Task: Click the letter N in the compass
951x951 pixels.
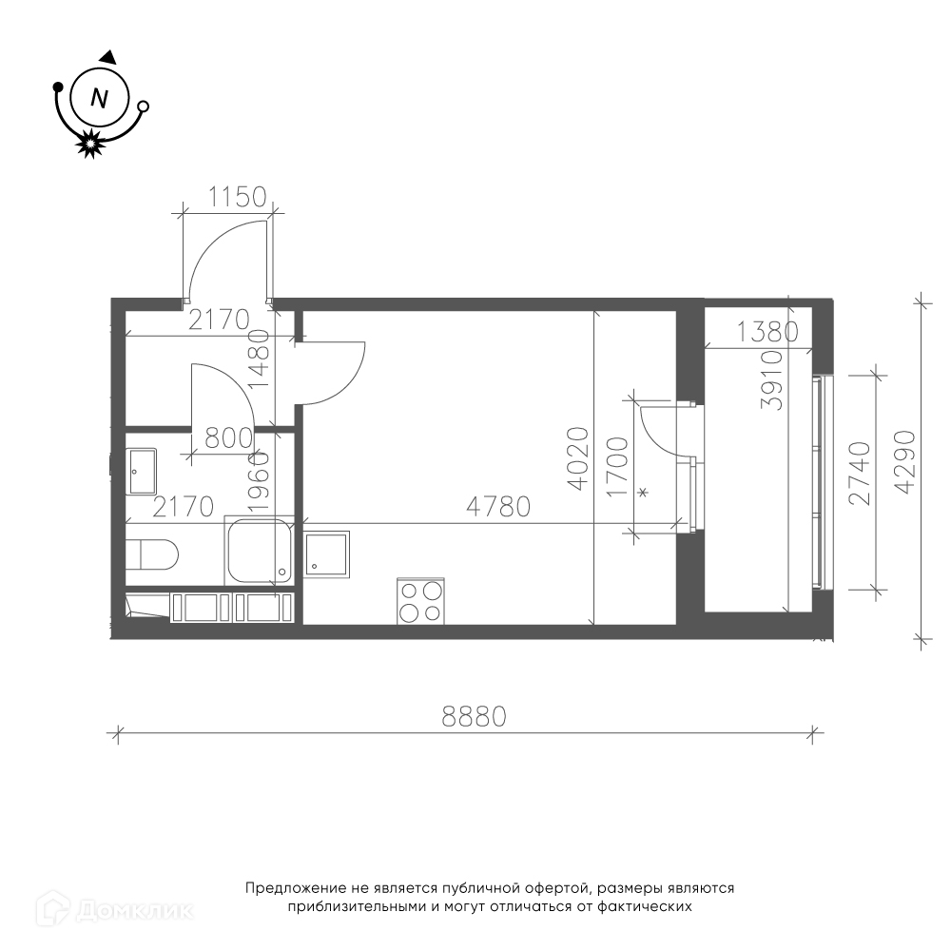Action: coord(99,98)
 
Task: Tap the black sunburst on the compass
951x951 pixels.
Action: coord(89,144)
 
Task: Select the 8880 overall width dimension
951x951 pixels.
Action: coord(474,717)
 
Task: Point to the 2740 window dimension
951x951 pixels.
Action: coord(860,473)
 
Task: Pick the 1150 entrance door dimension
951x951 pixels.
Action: coord(238,197)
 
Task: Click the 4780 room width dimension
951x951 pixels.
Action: coord(498,507)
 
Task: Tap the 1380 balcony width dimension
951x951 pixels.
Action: coord(767,332)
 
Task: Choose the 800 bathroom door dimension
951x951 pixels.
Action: coord(228,438)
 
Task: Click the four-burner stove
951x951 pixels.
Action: coord(421,601)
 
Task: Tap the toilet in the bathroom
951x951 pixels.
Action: coord(152,554)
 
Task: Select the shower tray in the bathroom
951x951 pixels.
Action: coord(259,552)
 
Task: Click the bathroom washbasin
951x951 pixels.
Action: coord(141,472)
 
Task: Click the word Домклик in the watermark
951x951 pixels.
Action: coord(135,910)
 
